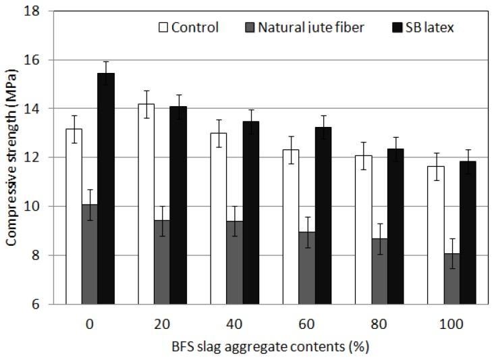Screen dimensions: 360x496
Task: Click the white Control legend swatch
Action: tap(162, 28)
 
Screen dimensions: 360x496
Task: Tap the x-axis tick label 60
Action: tap(307, 323)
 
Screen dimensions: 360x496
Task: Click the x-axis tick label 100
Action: tap(451, 323)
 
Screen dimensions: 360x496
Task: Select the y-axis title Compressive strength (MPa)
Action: tap(12, 157)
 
